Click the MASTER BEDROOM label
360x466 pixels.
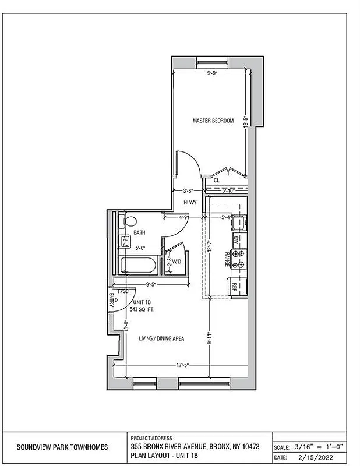(213, 121)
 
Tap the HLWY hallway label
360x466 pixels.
(190, 203)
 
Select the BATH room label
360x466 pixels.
(139, 233)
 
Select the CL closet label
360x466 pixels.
(216, 181)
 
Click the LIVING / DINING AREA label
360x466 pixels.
(161, 338)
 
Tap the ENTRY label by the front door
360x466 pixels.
(111, 299)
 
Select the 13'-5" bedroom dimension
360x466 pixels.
(246, 121)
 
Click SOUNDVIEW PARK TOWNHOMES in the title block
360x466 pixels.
(61, 447)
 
